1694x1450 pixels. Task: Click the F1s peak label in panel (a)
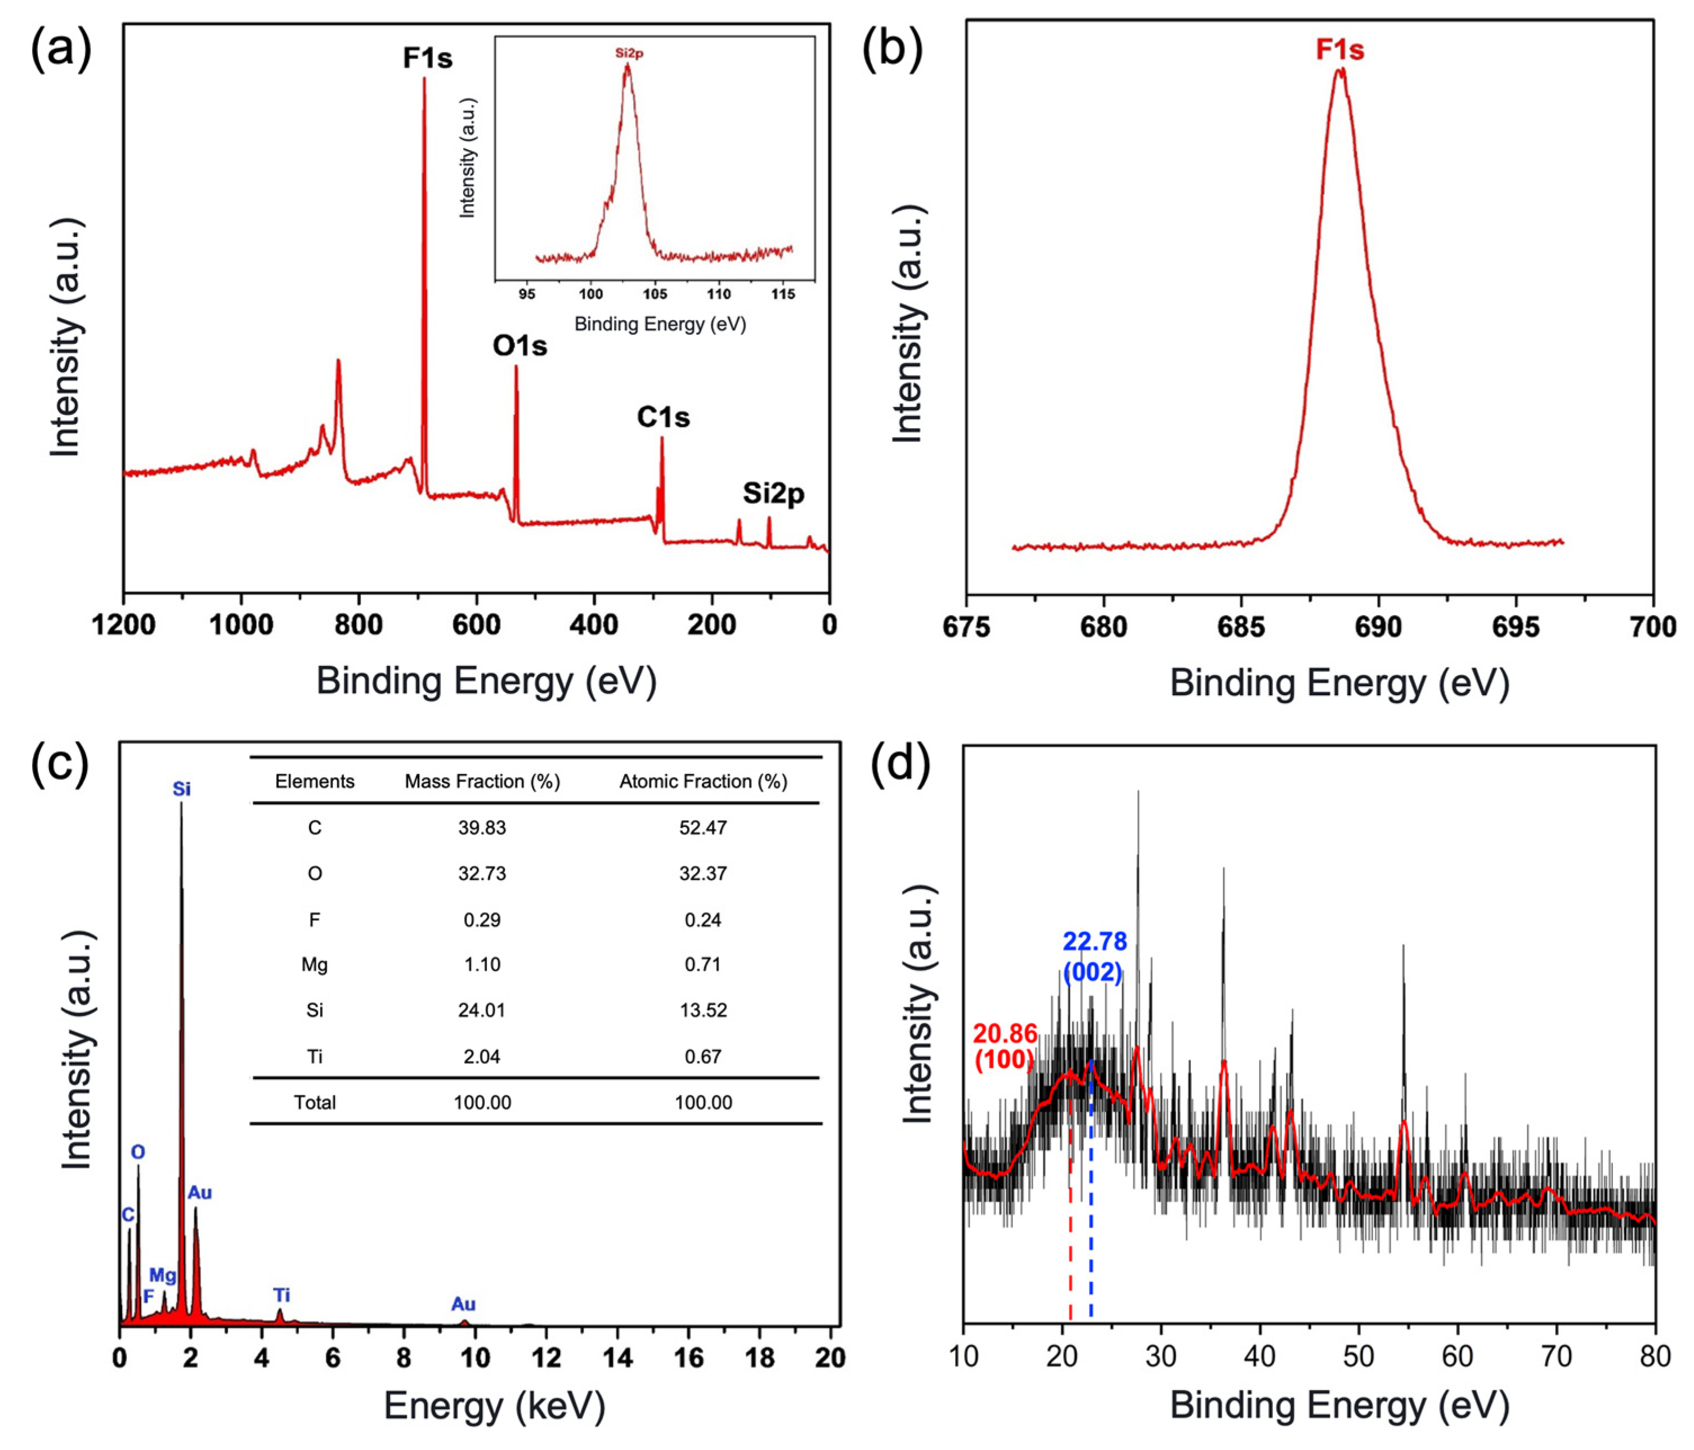(x=428, y=58)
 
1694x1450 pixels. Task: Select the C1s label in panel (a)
(x=663, y=417)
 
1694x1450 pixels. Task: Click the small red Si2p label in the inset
(x=630, y=53)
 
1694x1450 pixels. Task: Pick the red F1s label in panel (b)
(x=1339, y=50)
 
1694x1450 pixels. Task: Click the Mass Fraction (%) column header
(x=482, y=781)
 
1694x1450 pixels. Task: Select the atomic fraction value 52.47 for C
(x=702, y=827)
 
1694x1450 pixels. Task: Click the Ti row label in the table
(x=315, y=1057)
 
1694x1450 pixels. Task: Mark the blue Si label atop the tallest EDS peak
(x=181, y=789)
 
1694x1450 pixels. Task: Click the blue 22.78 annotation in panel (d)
(x=1095, y=942)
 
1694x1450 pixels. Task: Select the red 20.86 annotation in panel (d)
(x=1005, y=1035)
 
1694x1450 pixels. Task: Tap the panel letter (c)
(x=59, y=766)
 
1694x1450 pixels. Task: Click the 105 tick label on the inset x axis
(x=655, y=294)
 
